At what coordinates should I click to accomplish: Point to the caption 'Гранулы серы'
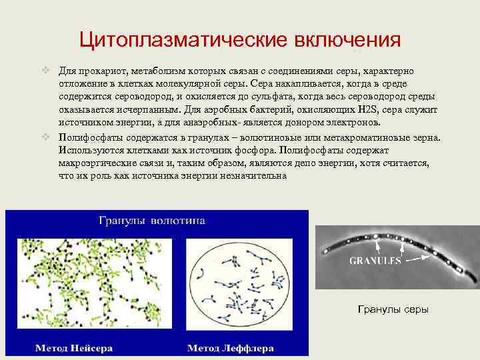(393, 309)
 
